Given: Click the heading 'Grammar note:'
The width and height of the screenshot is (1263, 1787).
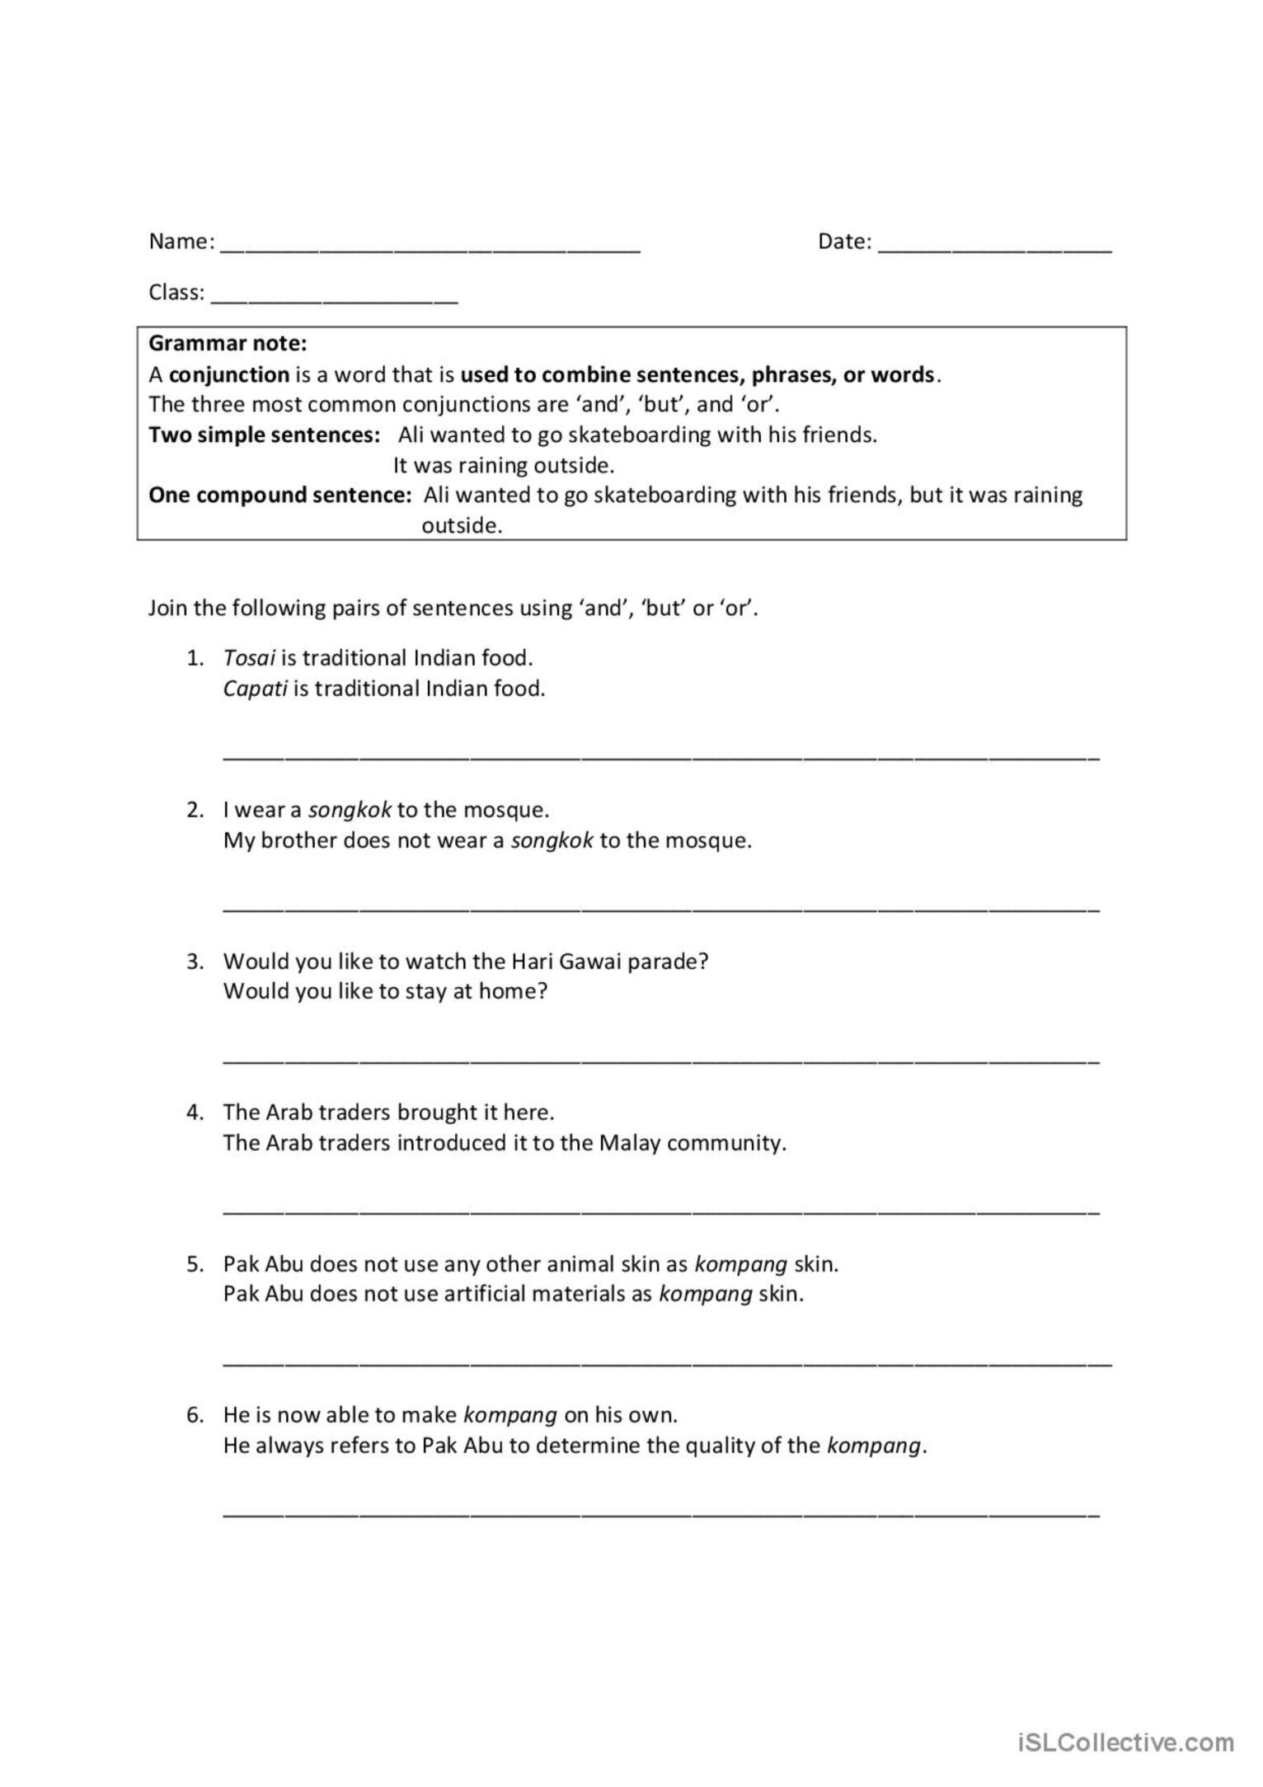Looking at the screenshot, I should [x=228, y=343].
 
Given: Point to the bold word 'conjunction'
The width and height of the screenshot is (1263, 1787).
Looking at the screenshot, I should [x=229, y=374].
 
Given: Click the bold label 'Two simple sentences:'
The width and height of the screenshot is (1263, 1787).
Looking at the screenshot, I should [x=264, y=435].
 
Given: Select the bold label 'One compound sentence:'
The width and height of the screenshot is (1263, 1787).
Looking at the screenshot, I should [x=279, y=495].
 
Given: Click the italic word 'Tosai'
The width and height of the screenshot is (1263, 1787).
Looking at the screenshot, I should [x=249, y=658].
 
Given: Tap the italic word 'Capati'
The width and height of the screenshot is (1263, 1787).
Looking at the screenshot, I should [x=255, y=689].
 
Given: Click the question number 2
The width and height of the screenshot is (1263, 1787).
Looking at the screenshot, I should [x=195, y=810].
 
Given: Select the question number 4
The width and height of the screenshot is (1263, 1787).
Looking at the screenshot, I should [x=195, y=1112].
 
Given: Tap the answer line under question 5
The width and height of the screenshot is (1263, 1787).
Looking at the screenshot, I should [x=667, y=1362].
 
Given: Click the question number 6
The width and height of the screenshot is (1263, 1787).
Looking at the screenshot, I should [x=195, y=1415].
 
